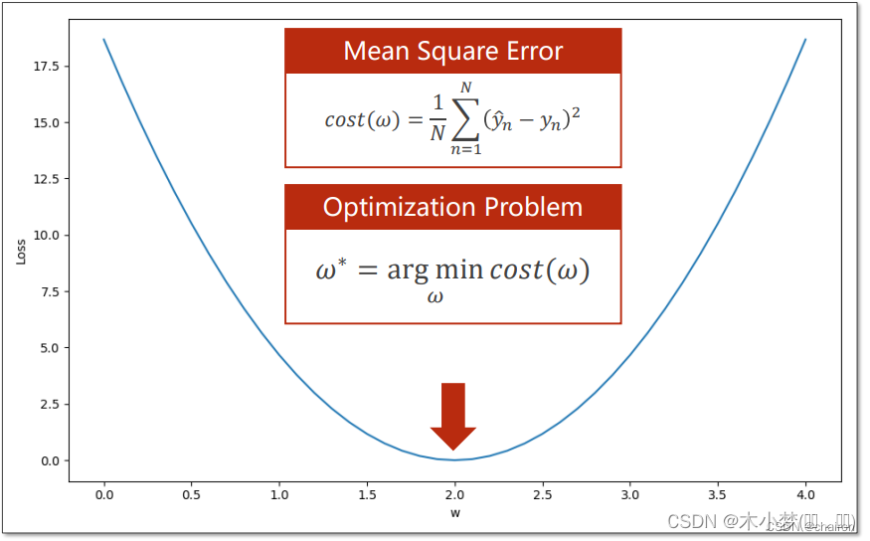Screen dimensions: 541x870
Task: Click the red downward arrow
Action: (453, 415)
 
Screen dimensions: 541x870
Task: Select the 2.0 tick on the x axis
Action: (454, 494)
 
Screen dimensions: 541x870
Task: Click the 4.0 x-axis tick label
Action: (805, 494)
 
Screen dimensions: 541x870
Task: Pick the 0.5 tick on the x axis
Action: (191, 494)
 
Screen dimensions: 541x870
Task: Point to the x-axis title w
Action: (454, 513)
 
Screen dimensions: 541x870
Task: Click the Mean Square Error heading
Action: (452, 51)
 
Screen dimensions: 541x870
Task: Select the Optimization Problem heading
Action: (452, 207)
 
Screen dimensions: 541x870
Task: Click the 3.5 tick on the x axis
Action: (717, 494)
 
